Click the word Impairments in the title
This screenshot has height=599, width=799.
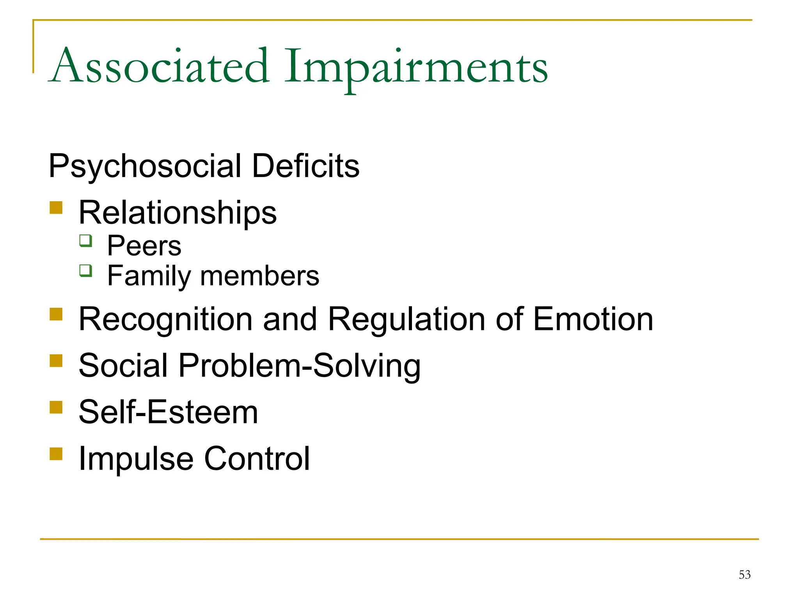pyautogui.click(x=416, y=67)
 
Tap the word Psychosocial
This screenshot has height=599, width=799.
pyautogui.click(x=145, y=167)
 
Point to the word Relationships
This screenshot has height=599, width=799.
pyautogui.click(x=178, y=213)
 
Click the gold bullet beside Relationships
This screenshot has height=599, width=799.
pyautogui.click(x=56, y=207)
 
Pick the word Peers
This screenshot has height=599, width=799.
pyautogui.click(x=144, y=246)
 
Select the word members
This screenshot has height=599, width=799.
pyautogui.click(x=259, y=276)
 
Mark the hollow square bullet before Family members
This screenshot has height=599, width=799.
pyautogui.click(x=86, y=270)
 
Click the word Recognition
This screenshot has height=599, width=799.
pyautogui.click(x=165, y=320)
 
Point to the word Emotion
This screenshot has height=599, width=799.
pyautogui.click(x=593, y=319)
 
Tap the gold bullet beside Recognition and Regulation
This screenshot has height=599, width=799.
pyautogui.click(x=56, y=314)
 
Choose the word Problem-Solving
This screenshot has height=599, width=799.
pyautogui.click(x=299, y=366)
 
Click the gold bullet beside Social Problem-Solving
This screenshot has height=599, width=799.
pyautogui.click(x=56, y=360)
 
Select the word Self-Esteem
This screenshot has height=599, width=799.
pyautogui.click(x=168, y=412)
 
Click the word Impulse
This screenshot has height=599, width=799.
pyautogui.click(x=136, y=459)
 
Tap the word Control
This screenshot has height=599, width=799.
pyautogui.click(x=257, y=459)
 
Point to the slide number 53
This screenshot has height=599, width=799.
pyautogui.click(x=744, y=574)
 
